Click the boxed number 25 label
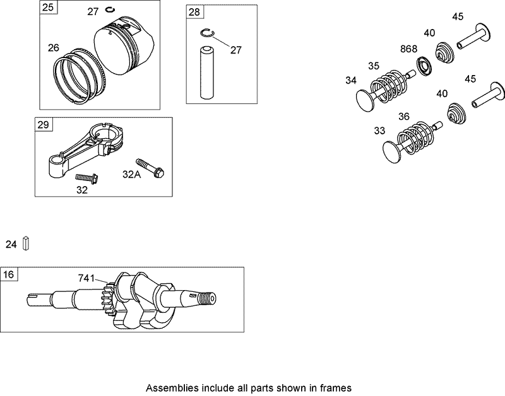[x=48, y=8]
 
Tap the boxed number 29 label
[x=43, y=124]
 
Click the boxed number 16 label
[x=9, y=274]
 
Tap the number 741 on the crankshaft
[x=86, y=277]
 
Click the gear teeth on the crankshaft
[x=107, y=297]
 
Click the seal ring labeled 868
[x=424, y=65]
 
